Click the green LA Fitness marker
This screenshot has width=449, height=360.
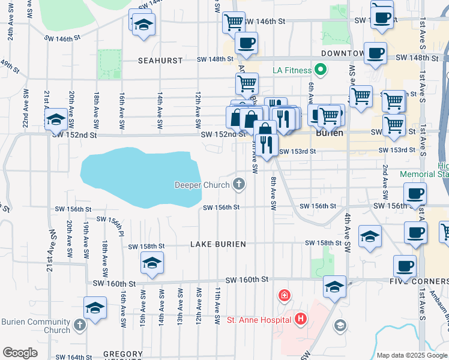pyautogui.click(x=321, y=70)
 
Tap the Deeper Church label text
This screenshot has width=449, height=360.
pyautogui.click(x=202, y=185)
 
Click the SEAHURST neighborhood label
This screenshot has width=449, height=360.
pyautogui.click(x=155, y=61)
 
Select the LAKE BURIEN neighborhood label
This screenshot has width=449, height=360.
pyautogui.click(x=218, y=245)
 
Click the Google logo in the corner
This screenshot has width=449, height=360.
pyautogui.click(x=20, y=353)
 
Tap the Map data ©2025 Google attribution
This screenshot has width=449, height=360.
pyautogui.click(x=412, y=355)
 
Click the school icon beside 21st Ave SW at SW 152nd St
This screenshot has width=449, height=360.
pyautogui.click(x=56, y=119)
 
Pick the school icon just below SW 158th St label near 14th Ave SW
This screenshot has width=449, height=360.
pyautogui.click(x=152, y=262)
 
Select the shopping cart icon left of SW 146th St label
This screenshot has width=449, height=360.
pyautogui.click(x=234, y=22)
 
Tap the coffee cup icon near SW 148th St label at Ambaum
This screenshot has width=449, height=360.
pyautogui.click(x=246, y=43)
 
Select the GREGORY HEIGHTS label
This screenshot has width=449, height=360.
pyautogui.click(x=123, y=355)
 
